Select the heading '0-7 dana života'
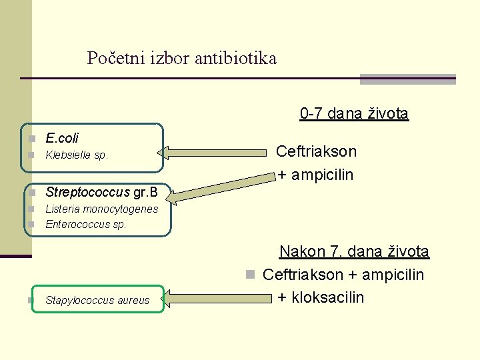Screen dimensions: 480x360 [x=354, y=113]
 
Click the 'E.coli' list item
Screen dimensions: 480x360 [x=62, y=138]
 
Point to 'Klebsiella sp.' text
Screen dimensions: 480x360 [x=77, y=155]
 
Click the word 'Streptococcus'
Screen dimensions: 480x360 [x=87, y=193]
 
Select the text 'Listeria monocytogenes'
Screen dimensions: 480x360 [x=101, y=209]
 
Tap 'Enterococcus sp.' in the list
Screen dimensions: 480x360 [x=85, y=225]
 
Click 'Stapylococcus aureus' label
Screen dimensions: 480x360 [x=97, y=300]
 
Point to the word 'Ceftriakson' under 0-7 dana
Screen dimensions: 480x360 [x=316, y=151]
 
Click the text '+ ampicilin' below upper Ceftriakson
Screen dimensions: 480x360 [x=315, y=175]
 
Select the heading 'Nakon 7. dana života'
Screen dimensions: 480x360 [x=354, y=251]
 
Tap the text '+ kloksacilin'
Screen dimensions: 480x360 [x=321, y=297]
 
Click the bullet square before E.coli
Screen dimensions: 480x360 [x=31, y=139]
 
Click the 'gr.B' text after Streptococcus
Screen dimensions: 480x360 [x=145, y=193]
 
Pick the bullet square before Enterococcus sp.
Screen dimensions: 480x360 [x=31, y=225]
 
